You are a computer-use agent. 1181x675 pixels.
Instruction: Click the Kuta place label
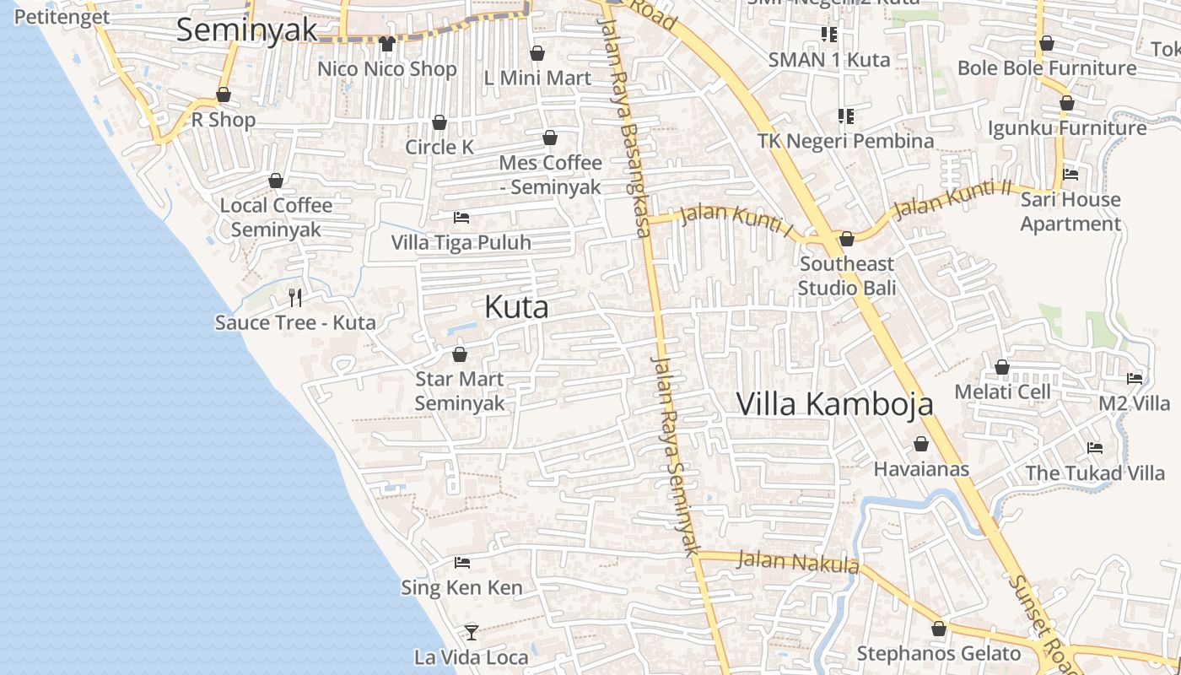[516, 307]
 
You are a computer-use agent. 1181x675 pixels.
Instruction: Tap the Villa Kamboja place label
[835, 404]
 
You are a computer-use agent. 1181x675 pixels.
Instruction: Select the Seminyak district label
[246, 30]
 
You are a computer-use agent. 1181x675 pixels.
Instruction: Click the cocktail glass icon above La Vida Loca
[471, 632]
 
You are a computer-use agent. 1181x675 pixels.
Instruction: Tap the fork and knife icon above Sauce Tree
[295, 297]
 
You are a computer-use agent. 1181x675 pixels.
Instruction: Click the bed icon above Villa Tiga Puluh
[461, 218]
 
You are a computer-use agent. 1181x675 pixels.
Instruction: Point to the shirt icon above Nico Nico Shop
[387, 43]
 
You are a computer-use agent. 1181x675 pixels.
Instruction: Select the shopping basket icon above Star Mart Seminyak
[460, 354]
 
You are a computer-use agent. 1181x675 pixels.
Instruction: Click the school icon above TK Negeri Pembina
[845, 116]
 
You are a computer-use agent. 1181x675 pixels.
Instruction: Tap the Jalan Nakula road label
[798, 561]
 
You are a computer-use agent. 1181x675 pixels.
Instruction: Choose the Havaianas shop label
[921, 469]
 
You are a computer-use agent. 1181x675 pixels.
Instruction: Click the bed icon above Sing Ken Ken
[461, 562]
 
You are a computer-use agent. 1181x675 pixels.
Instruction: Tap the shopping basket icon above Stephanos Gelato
[939, 629]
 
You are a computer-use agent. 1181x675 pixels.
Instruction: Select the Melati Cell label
[1002, 391]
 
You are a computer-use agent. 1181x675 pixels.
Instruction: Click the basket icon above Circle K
[440, 123]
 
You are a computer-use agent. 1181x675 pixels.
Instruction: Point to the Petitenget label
[62, 17]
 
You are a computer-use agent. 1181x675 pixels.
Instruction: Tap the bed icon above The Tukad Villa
[1095, 448]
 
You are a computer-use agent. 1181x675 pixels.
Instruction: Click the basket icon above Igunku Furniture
[1067, 104]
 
